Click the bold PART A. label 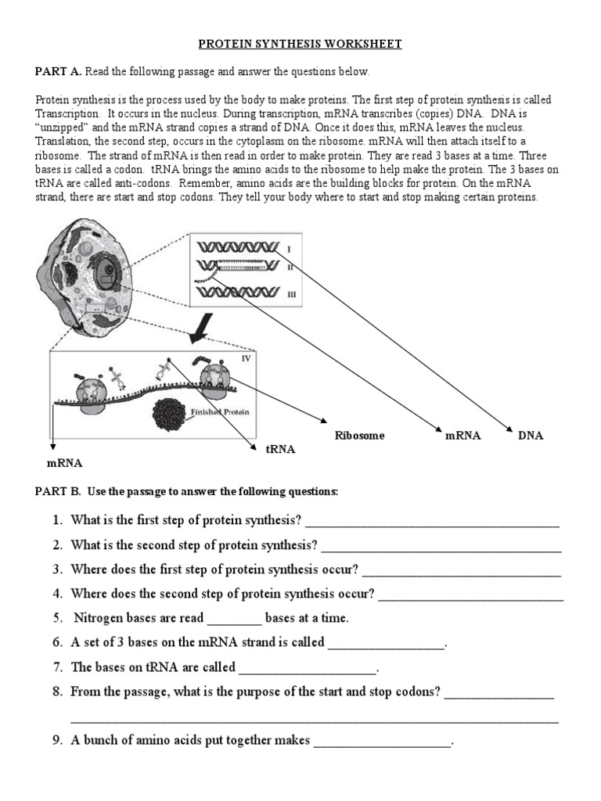pyautogui.click(x=58, y=72)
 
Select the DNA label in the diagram pyautogui.click(x=530, y=435)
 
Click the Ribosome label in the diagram pyautogui.click(x=360, y=436)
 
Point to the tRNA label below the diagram pyautogui.click(x=281, y=449)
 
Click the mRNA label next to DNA pyautogui.click(x=462, y=435)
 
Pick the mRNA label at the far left pyautogui.click(x=64, y=462)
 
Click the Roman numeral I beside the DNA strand pyautogui.click(x=289, y=249)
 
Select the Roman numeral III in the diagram pyautogui.click(x=292, y=294)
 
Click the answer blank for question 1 pyautogui.click(x=432, y=522)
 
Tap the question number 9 pyautogui.click(x=57, y=740)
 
